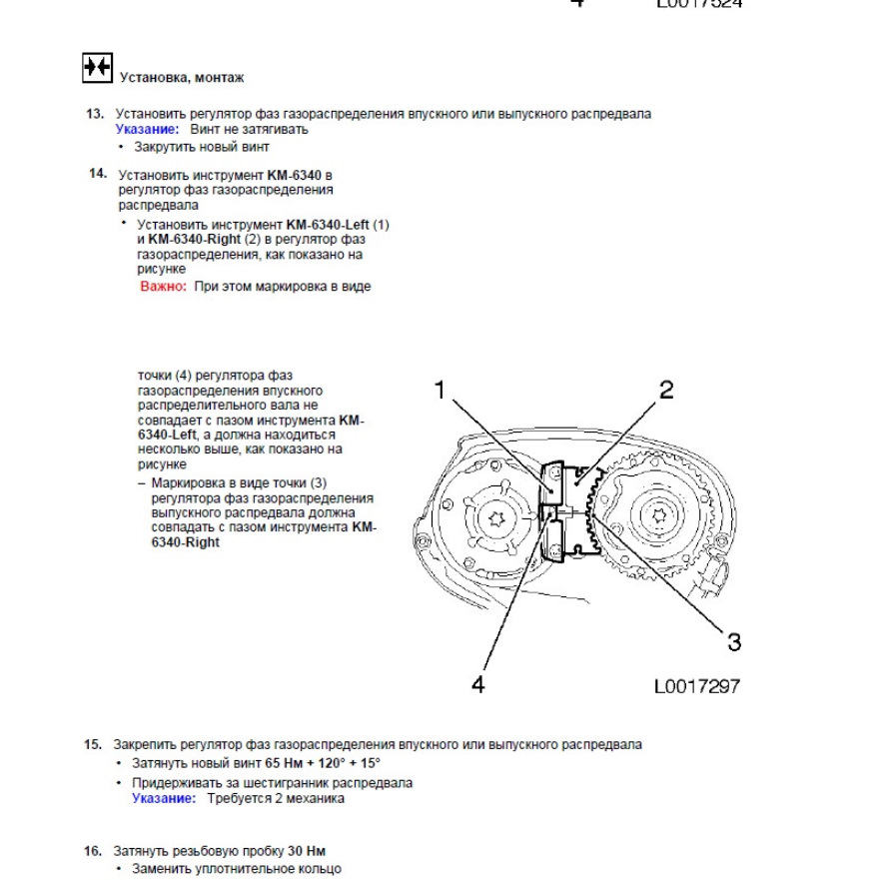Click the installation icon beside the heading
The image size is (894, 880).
[97, 68]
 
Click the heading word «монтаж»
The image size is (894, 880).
[220, 77]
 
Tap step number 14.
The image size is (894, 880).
[97, 174]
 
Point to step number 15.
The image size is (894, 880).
[93, 744]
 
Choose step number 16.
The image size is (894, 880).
[93, 851]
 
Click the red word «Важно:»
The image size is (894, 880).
[163, 286]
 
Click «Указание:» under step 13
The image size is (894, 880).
[148, 129]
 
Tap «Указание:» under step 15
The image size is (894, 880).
[165, 798]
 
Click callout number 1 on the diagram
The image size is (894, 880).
[440, 391]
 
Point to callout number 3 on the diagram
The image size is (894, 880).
[734, 641]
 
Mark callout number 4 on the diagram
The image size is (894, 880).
[477, 686]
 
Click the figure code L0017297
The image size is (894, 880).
[697, 686]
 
